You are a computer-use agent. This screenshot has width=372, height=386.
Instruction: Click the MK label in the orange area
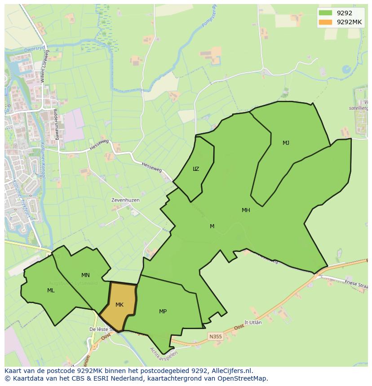pyautogui.click(x=119, y=305)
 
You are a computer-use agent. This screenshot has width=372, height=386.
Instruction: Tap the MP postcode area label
pyautogui.click(x=163, y=311)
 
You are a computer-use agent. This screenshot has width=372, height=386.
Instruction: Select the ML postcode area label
pyautogui.click(x=51, y=291)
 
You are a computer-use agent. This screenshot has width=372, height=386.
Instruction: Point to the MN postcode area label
pyautogui.click(x=85, y=275)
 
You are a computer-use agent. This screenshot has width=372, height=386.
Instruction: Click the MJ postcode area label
pyautogui.click(x=286, y=143)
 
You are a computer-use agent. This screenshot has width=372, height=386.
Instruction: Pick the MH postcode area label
pyautogui.click(x=246, y=210)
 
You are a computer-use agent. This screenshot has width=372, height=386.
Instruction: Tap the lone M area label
pyautogui.click(x=212, y=226)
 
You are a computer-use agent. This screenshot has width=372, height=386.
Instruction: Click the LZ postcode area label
pyautogui.click(x=196, y=169)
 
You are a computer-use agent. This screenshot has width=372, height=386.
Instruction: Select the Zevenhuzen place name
pyautogui.click(x=125, y=200)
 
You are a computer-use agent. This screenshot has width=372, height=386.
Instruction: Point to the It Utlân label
pyautogui.click(x=252, y=322)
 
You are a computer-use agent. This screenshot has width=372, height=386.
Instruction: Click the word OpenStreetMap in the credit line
pyautogui.click(x=243, y=378)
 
